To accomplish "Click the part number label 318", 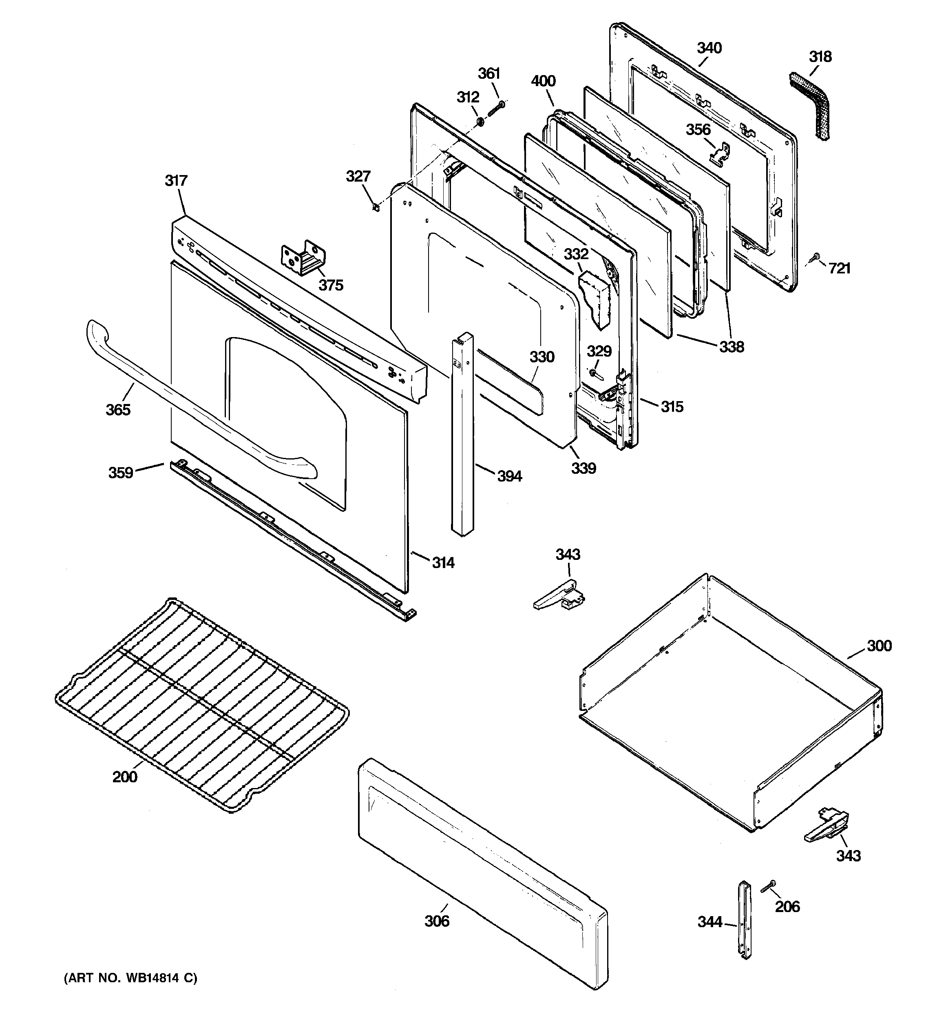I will coord(820,57).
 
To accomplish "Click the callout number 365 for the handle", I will coord(118,409).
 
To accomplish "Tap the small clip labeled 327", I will coord(376,208).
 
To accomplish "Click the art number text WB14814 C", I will coord(130,978).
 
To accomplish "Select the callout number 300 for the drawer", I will coord(879,646).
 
